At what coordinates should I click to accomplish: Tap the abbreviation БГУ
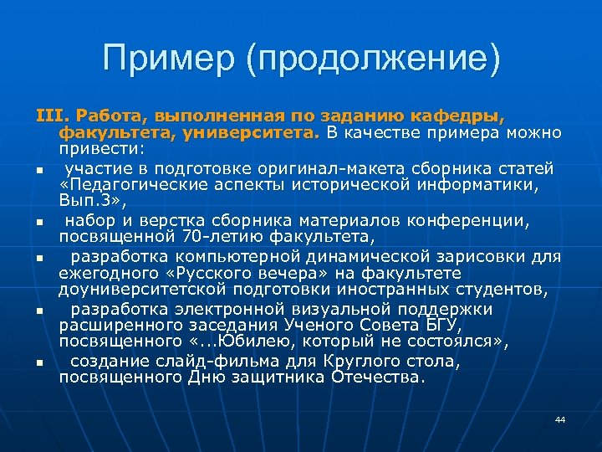(403, 326)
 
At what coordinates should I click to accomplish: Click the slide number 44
(560, 419)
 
